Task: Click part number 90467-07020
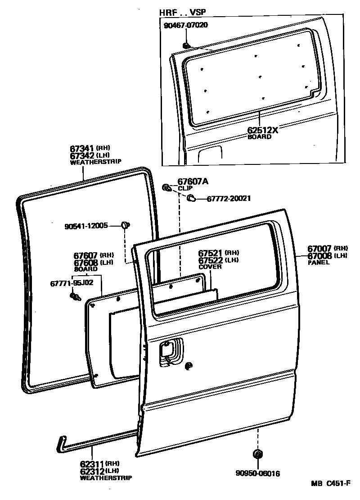coord(185,25)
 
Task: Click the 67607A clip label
coord(193,182)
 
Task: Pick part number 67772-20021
coord(229,198)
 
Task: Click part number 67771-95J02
coord(72,283)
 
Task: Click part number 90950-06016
coord(258,473)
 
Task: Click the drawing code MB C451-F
coord(331,484)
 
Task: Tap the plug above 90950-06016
coord(258,454)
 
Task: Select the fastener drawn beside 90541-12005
coord(126,224)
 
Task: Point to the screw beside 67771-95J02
coord(74,296)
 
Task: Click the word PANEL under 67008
coord(319,262)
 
